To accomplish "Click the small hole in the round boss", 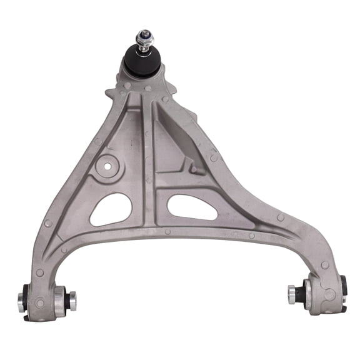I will (107, 166).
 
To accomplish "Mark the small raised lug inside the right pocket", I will (196, 167).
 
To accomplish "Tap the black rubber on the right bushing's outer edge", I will (342, 289).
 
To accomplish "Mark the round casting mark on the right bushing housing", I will (327, 293).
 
